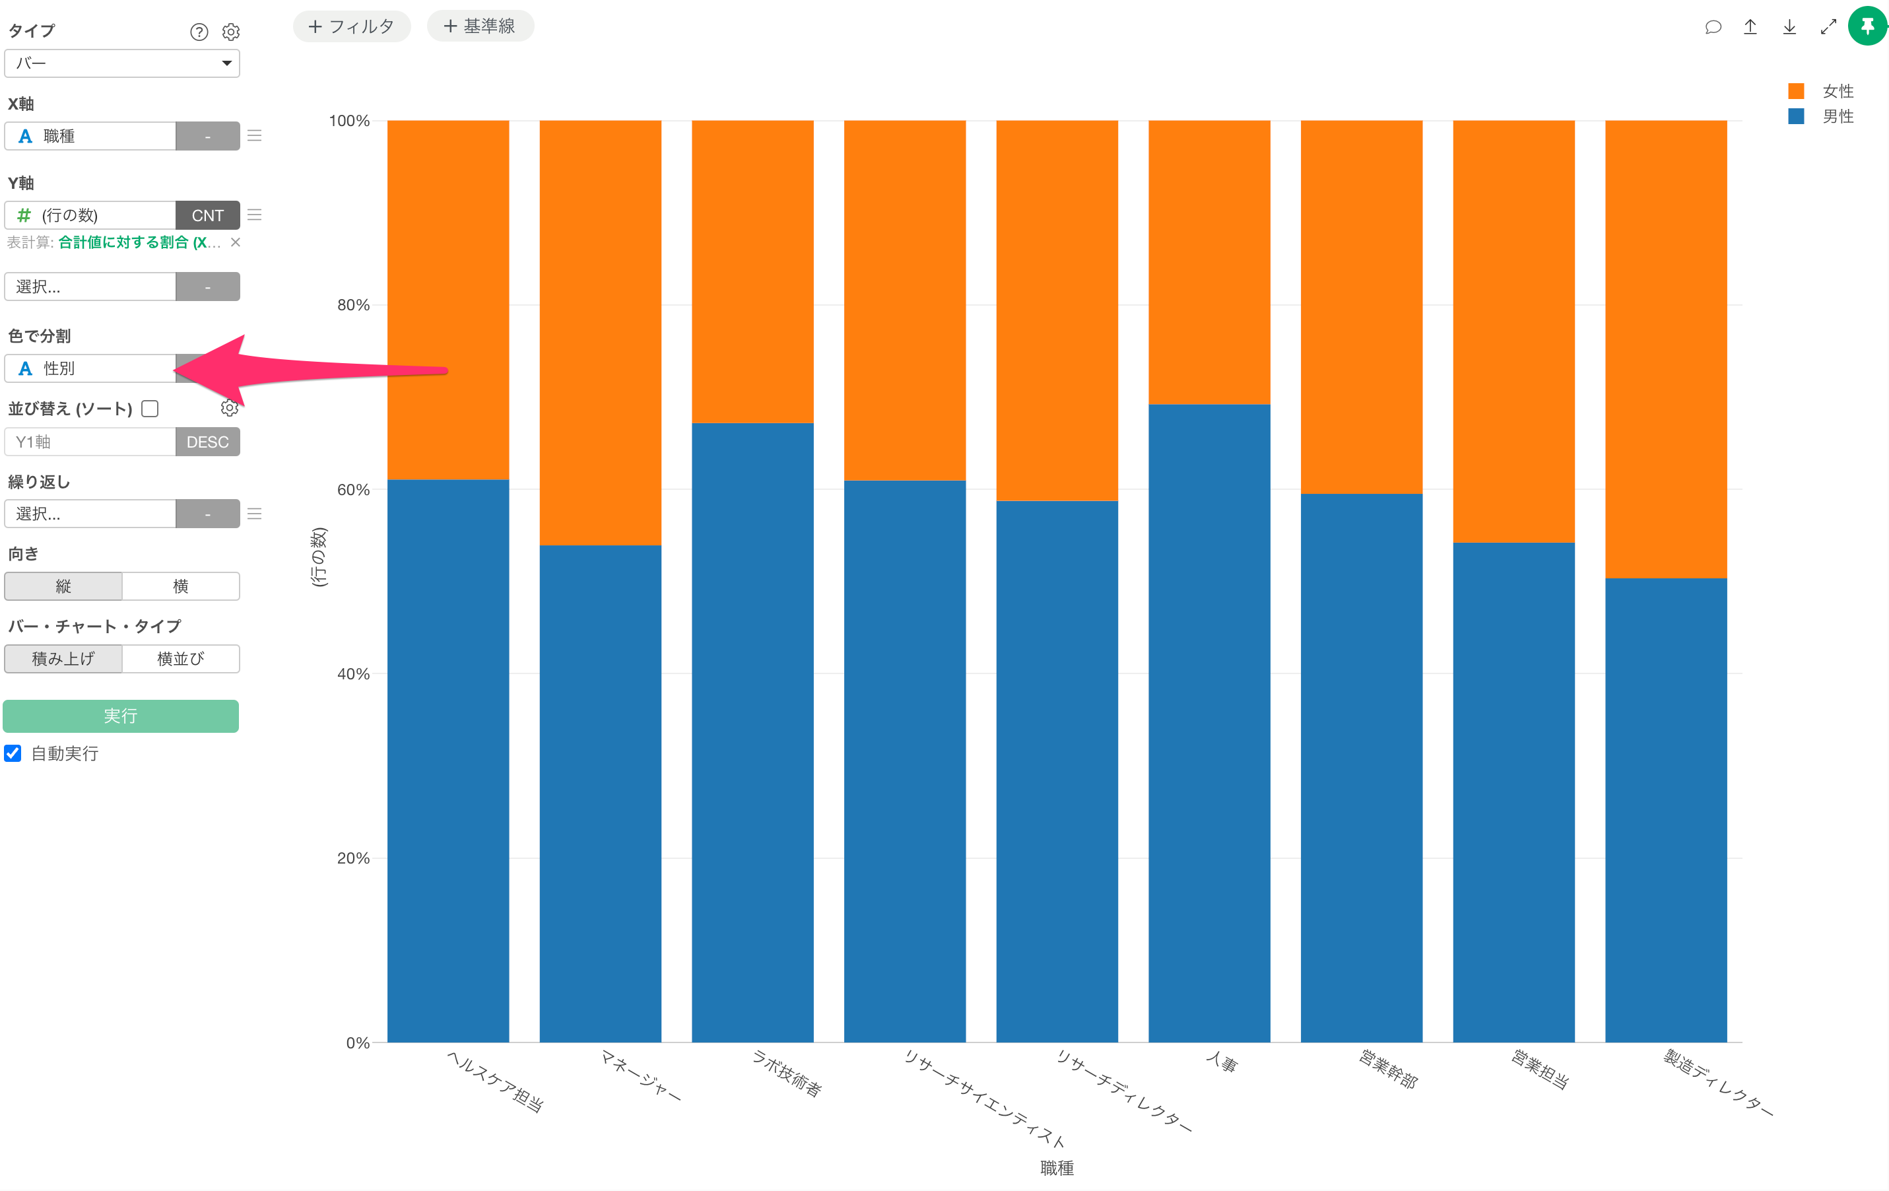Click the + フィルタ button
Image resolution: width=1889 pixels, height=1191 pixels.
coord(351,26)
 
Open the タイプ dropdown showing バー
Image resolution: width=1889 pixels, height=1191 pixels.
coord(121,63)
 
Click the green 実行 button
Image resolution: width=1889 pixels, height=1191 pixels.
coord(121,716)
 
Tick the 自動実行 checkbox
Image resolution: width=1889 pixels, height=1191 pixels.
coord(13,753)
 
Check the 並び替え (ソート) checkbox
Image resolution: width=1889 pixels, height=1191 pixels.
coord(150,409)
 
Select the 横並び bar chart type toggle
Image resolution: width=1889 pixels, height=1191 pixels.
coord(180,659)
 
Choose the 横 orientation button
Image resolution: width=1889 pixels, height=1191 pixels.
coord(180,586)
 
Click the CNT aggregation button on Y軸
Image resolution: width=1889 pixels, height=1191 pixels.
coord(207,216)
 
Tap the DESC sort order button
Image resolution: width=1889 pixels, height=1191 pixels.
coord(207,442)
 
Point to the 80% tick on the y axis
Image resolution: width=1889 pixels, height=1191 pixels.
coord(353,305)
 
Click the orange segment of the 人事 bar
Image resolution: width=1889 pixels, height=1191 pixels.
coord(1209,262)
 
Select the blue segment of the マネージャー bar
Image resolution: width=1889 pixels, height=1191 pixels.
coord(600,792)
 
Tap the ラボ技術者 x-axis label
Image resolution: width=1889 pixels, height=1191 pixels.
coord(787,1073)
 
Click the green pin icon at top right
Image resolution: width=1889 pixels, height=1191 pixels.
coord(1867,26)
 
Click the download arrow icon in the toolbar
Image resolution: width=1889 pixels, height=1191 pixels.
coord(1789,26)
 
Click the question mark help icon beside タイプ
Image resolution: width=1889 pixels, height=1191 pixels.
coord(199,32)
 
